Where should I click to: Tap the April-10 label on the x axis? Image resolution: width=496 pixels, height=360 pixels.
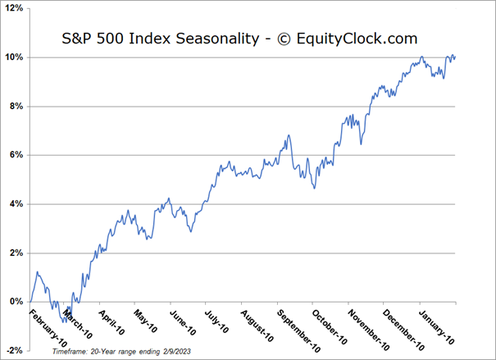[116, 321]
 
